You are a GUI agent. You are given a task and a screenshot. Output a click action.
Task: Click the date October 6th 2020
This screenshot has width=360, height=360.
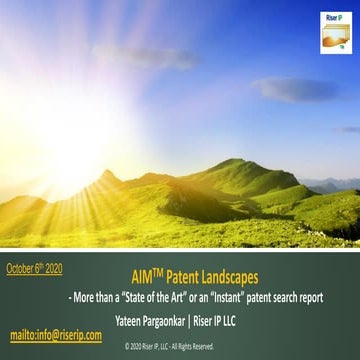coord(35,269)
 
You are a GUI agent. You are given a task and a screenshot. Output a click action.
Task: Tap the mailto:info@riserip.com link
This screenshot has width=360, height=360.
coord(56,335)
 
